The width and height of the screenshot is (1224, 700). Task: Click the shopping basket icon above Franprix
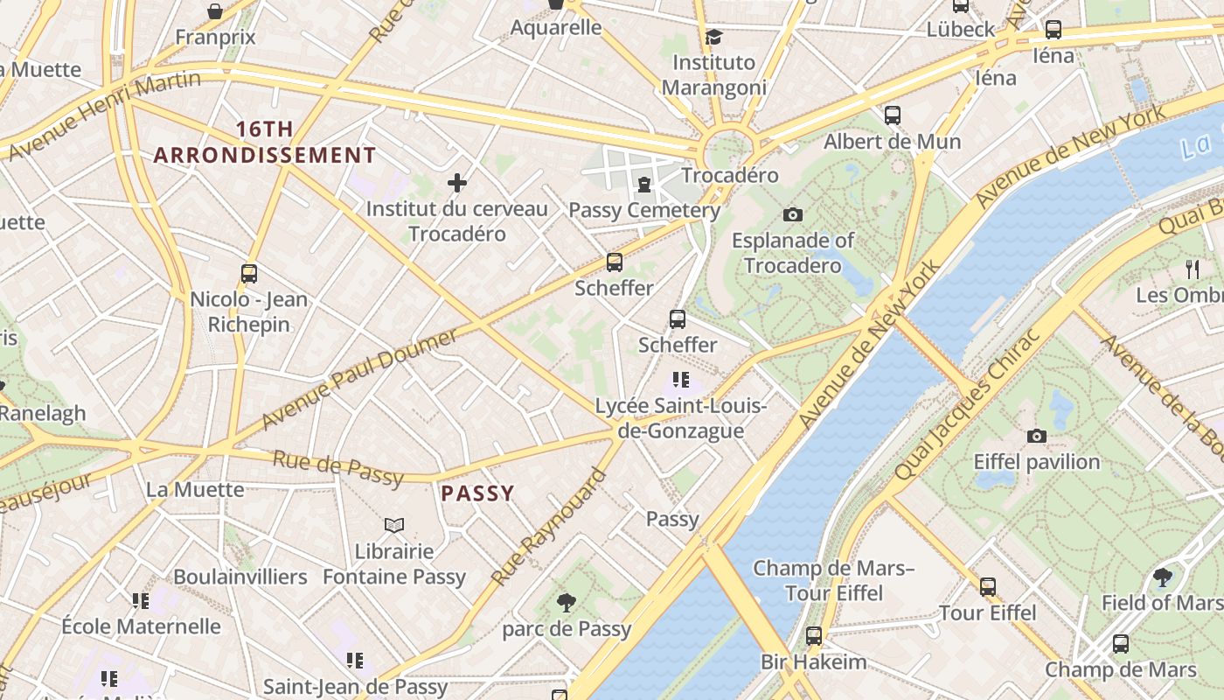tap(215, 11)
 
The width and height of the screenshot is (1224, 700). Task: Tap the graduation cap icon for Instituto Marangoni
tap(714, 37)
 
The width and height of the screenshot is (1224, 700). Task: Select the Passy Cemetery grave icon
tap(644, 184)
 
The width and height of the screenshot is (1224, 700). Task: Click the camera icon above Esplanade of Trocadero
tap(793, 214)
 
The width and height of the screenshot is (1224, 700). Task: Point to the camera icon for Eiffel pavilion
tap(1037, 436)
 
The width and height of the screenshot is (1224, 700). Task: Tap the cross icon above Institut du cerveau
tap(456, 183)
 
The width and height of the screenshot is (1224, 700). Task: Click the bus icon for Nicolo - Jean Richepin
tap(249, 274)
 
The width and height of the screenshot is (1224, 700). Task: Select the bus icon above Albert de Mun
tap(893, 115)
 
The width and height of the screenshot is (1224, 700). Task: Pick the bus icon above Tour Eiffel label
tap(988, 587)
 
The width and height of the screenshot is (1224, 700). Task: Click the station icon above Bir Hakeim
tap(814, 636)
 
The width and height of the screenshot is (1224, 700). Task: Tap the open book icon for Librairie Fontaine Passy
tap(394, 525)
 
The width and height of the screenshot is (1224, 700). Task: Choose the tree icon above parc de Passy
tap(567, 602)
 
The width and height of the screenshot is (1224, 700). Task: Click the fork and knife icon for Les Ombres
tap(1192, 269)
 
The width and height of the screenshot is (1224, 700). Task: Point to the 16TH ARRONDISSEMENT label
tap(265, 143)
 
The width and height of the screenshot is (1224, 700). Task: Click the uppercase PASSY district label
tap(477, 493)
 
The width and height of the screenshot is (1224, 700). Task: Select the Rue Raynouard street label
tap(549, 528)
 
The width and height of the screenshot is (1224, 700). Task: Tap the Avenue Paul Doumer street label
tap(359, 379)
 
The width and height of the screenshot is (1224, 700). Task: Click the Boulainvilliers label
tap(240, 577)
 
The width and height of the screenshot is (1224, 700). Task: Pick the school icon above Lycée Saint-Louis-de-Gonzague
tap(681, 380)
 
